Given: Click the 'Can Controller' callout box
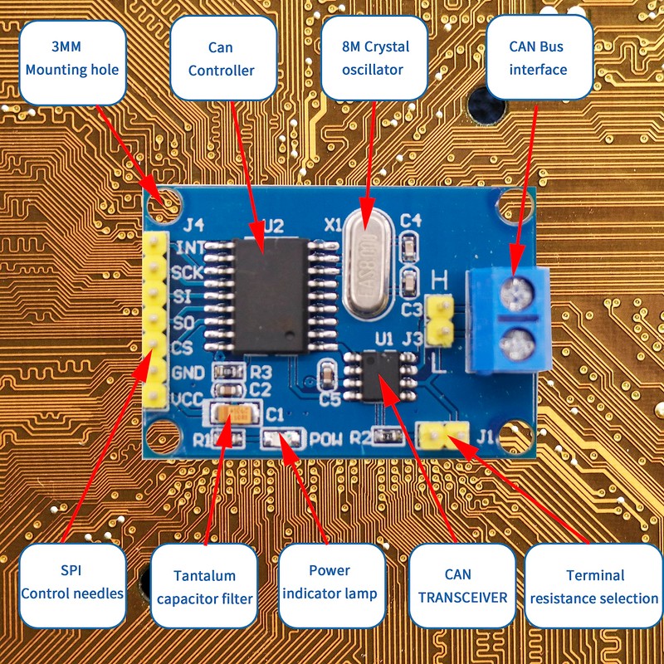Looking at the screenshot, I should click(222, 60).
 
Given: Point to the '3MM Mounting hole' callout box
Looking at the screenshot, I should click(72, 60).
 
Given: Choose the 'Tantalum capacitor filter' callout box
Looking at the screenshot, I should click(204, 586).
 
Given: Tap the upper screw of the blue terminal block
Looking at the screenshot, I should click(519, 290).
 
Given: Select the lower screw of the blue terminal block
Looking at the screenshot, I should click(519, 341).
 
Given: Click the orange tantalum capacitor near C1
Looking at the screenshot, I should click(233, 414).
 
